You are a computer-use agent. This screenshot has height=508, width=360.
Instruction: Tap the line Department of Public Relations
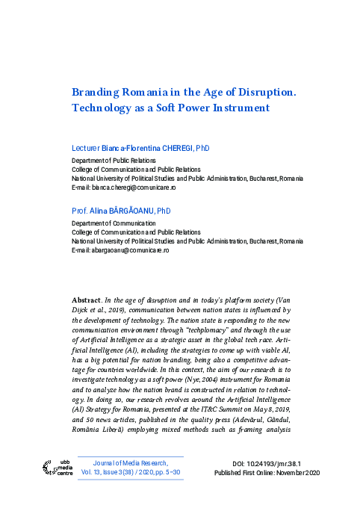pos(114,161)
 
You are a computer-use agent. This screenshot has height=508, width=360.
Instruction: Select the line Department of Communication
pos(114,223)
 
